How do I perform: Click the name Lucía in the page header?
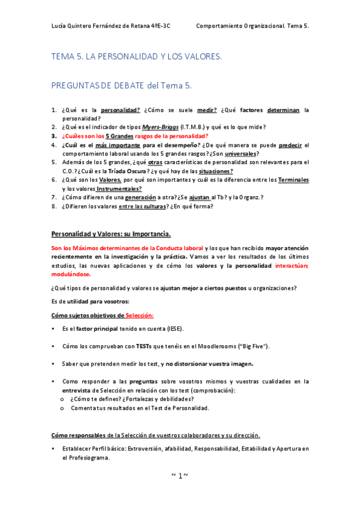[x=61, y=26]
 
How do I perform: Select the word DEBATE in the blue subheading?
[x=125, y=85]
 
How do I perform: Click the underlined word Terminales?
[x=292, y=180]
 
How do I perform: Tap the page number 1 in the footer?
[x=180, y=475]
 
